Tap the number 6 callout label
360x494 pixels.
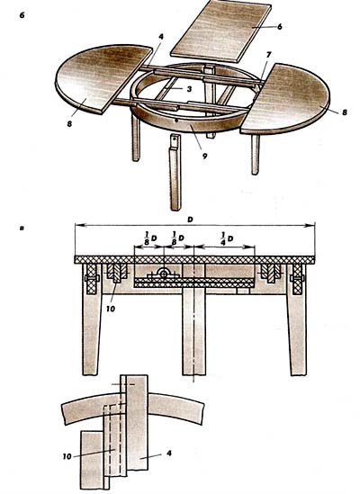pos(280,27)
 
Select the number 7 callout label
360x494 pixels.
pos(268,56)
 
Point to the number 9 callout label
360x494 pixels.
pos(205,156)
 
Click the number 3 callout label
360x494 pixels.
pos(189,89)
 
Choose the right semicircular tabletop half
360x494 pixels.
pos(285,99)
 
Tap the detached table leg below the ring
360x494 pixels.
pos(175,173)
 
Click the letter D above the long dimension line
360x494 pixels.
pos(190,220)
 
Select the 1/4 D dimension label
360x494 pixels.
pos(227,238)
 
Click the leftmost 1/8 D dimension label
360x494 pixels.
pos(150,238)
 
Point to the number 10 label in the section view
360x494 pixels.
pos(111,309)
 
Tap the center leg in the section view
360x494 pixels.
pos(193,335)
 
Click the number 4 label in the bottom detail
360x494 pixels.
pos(169,453)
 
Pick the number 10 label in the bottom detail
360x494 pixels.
pos(67,456)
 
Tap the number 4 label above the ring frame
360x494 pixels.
pos(161,37)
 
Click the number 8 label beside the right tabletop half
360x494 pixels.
pos(345,112)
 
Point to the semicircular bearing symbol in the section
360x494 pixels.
pos(164,273)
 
